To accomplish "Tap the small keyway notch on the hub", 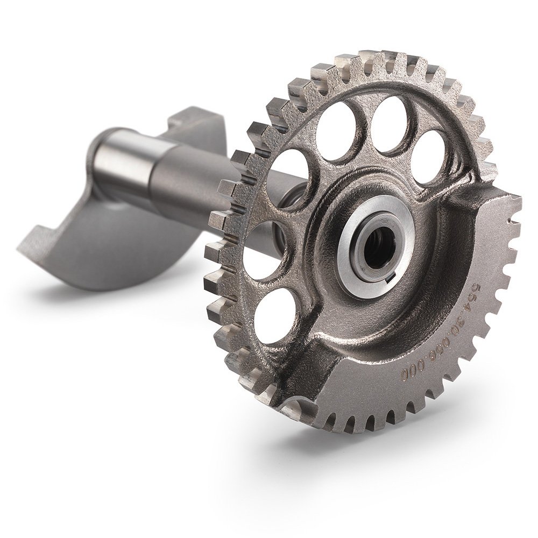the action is tap(390, 280).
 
